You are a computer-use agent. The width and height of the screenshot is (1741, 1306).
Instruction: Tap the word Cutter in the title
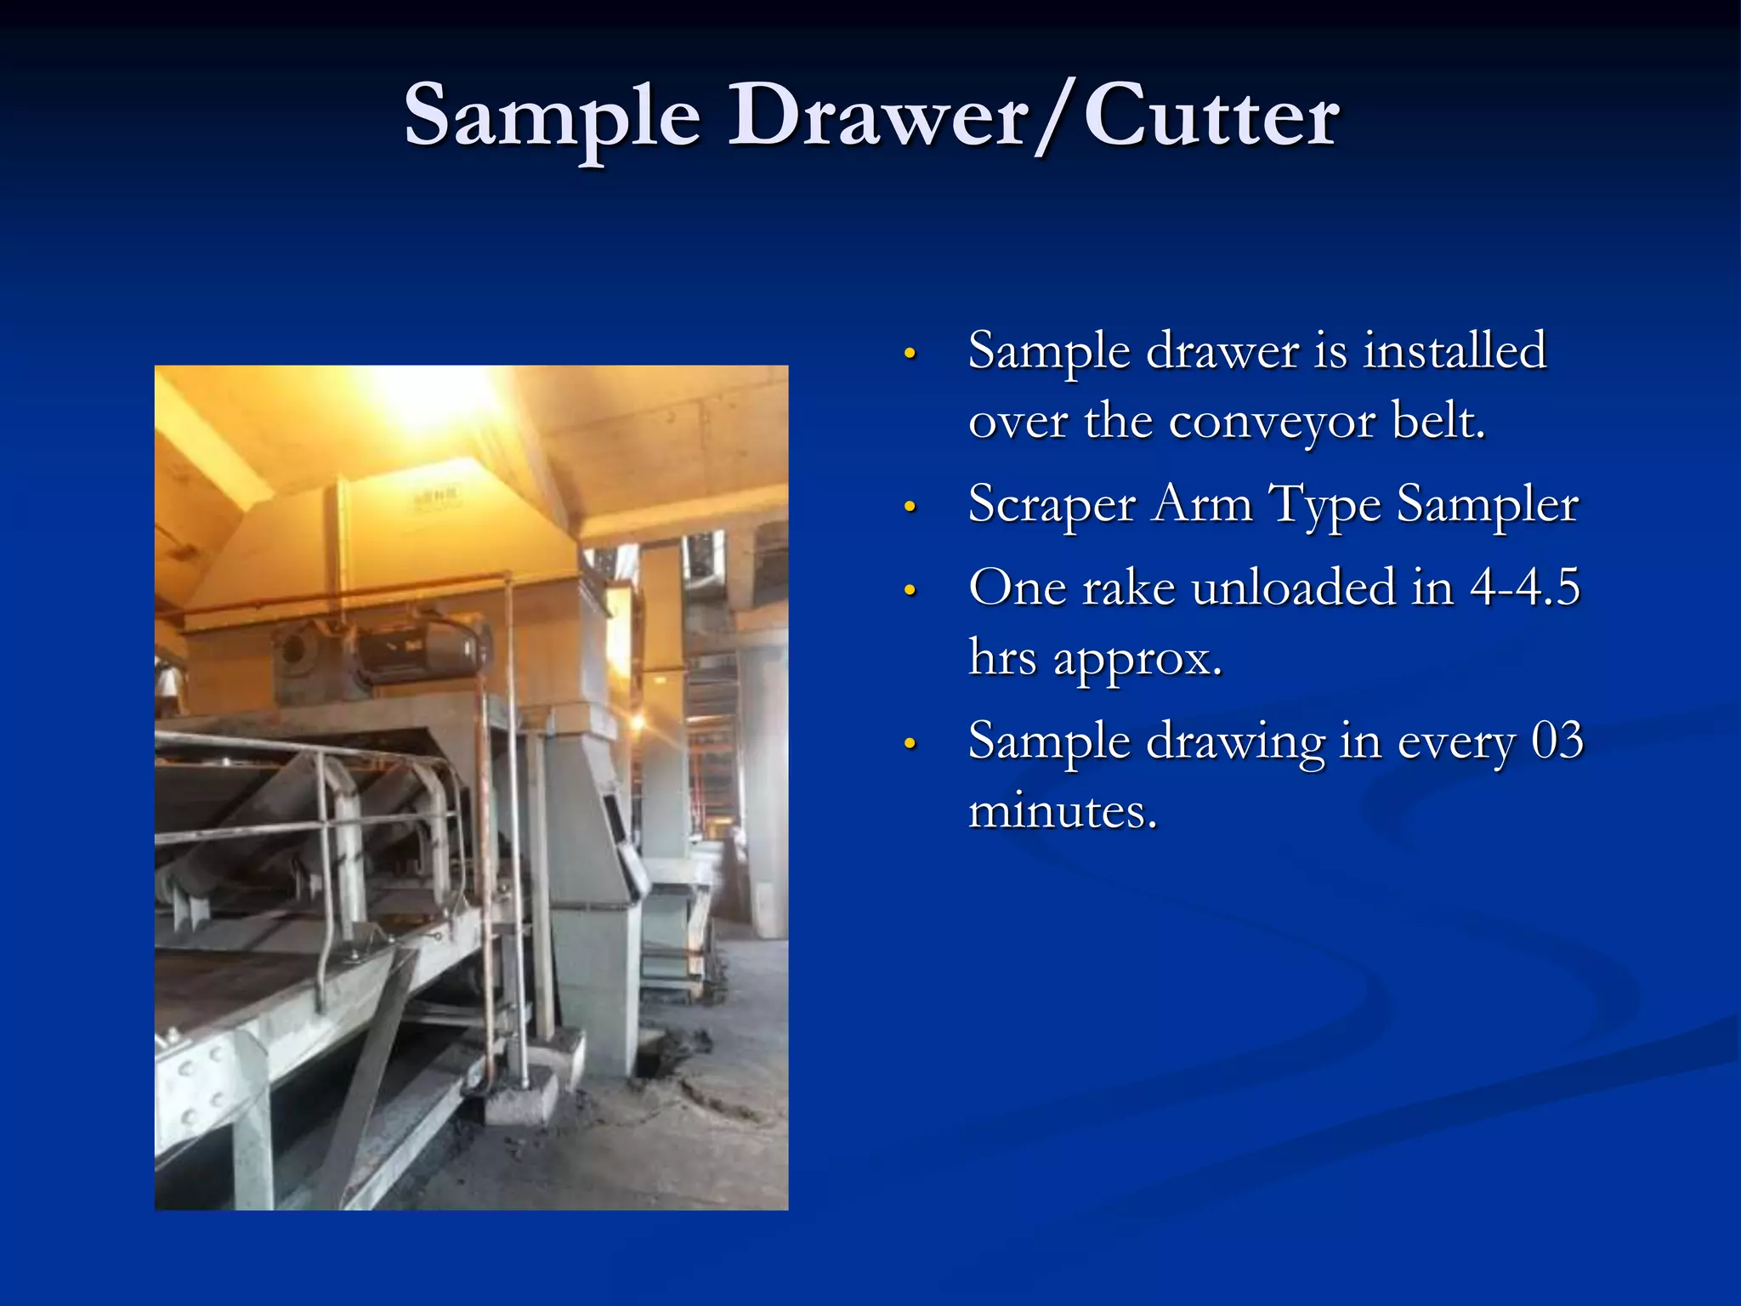pyautogui.click(x=1212, y=117)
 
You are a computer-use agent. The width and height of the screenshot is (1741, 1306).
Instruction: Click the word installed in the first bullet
pyautogui.click(x=1455, y=350)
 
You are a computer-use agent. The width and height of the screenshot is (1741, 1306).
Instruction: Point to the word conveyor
pyautogui.click(x=1272, y=421)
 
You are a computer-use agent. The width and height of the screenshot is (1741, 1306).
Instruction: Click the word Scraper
pyautogui.click(x=1052, y=503)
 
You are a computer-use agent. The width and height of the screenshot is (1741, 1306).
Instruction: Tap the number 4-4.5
pyautogui.click(x=1525, y=587)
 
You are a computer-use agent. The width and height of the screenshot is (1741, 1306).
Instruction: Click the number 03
pyautogui.click(x=1557, y=741)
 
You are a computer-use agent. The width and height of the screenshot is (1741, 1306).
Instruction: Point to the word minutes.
pyautogui.click(x=1063, y=810)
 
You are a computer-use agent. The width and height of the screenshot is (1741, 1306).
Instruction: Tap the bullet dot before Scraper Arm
pyautogui.click(x=910, y=508)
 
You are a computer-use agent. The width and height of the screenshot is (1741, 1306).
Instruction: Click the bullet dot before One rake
pyautogui.click(x=910, y=590)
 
